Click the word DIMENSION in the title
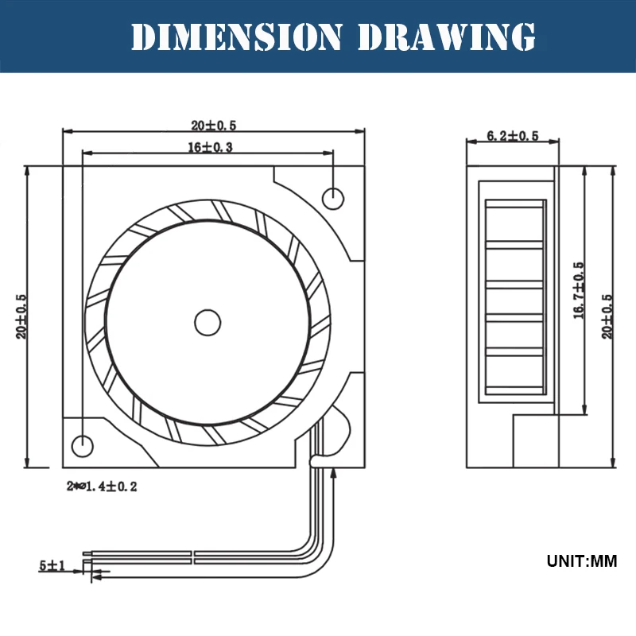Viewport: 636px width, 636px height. tap(236, 37)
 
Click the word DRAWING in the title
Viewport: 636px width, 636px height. tap(447, 37)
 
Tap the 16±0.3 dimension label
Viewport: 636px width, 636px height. tap(210, 147)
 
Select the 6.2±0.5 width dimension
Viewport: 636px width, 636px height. tap(513, 135)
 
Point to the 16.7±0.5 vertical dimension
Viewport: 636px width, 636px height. tap(579, 290)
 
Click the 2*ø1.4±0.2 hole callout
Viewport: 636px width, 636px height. tap(102, 486)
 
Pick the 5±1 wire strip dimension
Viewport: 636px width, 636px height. tap(52, 565)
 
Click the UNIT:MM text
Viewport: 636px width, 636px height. tap(582, 561)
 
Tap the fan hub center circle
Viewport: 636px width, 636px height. tap(207, 323)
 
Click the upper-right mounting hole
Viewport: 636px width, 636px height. tap(333, 199)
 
